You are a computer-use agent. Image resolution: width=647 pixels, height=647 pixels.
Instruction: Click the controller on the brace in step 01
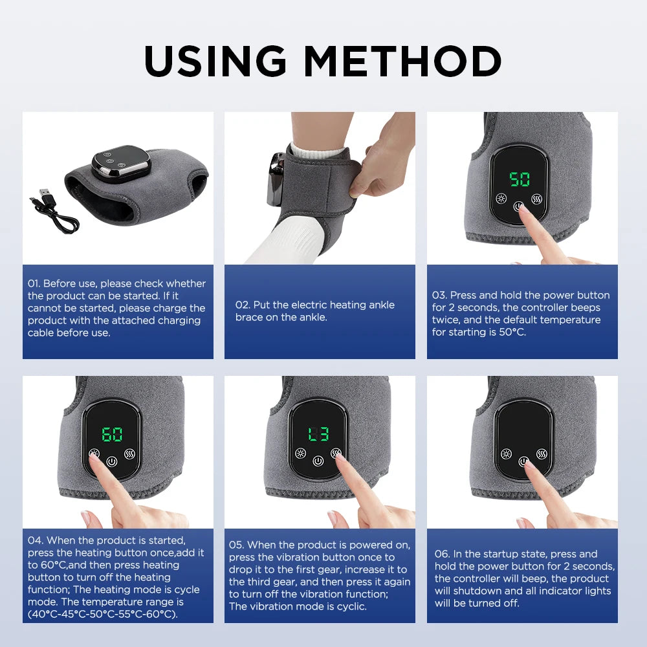pos(120,166)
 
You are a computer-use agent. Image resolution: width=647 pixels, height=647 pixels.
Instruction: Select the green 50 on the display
pos(519,179)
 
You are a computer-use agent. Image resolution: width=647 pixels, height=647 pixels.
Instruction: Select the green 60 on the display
pos(112,434)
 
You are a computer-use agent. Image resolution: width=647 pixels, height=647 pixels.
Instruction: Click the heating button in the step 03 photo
pos(501,198)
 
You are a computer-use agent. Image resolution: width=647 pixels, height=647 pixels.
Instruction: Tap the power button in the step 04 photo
pos(113,462)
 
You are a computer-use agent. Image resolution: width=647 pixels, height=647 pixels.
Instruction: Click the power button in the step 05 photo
pos(318,461)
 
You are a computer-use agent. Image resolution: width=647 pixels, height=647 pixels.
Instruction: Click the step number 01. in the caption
pos(34,283)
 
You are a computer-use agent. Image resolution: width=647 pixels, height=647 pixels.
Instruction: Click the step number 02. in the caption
pos(242,305)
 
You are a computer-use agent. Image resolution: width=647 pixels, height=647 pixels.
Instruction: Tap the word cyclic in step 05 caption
pos(350,606)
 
